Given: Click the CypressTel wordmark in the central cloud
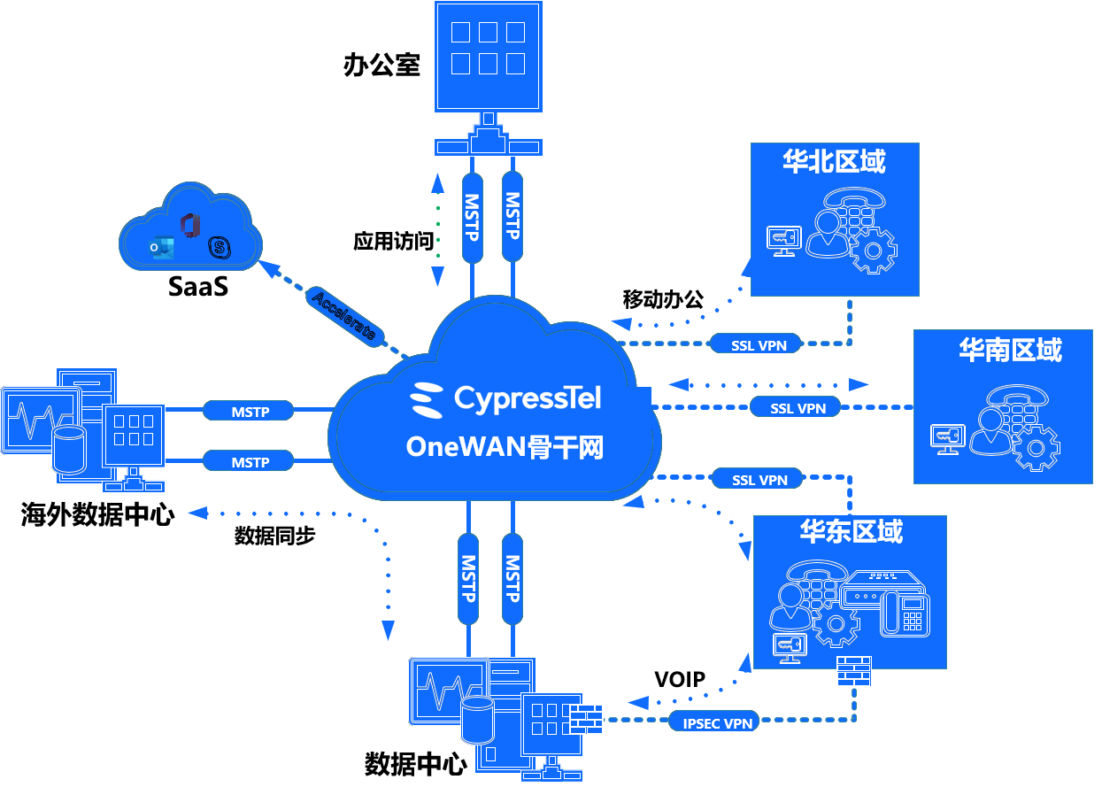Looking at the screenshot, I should pos(528,397).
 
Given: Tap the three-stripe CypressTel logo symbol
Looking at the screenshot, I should pos(428,400).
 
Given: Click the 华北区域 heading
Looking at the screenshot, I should pos(834,161).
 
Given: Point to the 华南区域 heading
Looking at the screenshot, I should pos(1010,350).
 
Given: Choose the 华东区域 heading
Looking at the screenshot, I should pos(852,531).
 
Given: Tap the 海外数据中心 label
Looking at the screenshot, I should pos(98,514).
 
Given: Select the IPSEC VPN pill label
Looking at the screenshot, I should pos(718,723).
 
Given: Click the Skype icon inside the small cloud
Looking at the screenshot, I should pos(219,248).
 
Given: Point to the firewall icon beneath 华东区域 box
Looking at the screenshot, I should pos(853,671).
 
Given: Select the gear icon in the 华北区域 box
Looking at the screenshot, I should pos(873,251).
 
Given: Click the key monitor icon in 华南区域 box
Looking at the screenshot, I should pos(948,436).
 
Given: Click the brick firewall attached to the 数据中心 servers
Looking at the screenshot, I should pos(585,718).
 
